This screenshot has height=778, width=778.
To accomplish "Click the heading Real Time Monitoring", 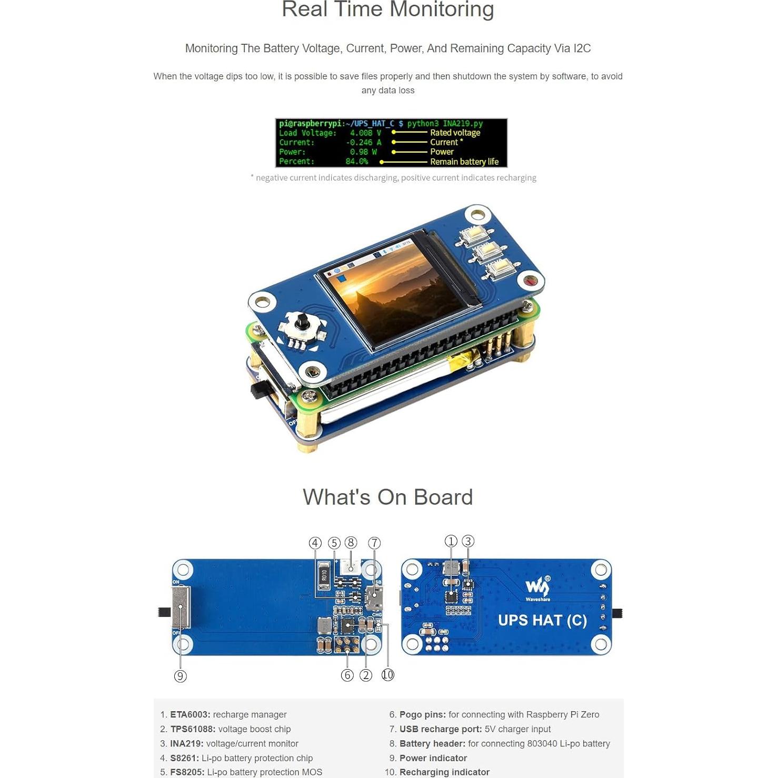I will pyautogui.click(x=388, y=9).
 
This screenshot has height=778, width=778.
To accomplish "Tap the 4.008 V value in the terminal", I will pyautogui.click(x=365, y=133).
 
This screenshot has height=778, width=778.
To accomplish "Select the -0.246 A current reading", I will pyautogui.click(x=363, y=143).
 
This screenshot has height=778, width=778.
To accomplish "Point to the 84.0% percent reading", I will pyautogui.click(x=356, y=162).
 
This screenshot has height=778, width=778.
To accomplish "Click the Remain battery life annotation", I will pyautogui.click(x=464, y=162).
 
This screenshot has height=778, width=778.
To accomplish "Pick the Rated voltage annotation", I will pyautogui.click(x=455, y=133).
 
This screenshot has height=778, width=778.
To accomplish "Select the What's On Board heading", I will pyautogui.click(x=388, y=497).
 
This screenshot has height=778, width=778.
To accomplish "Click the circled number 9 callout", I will pyautogui.click(x=180, y=676).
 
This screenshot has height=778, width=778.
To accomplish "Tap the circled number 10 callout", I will pyautogui.click(x=387, y=675).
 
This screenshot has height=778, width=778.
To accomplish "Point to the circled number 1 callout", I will pyautogui.click(x=451, y=541).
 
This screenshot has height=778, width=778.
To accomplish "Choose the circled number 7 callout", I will pyautogui.click(x=374, y=543).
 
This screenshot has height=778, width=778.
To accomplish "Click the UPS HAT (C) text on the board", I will pyautogui.click(x=542, y=621).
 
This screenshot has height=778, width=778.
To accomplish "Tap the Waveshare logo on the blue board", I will pyautogui.click(x=537, y=587).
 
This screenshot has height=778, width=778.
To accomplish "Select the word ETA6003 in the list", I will pyautogui.click(x=190, y=715).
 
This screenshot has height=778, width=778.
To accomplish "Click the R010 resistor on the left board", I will pyautogui.click(x=324, y=576).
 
